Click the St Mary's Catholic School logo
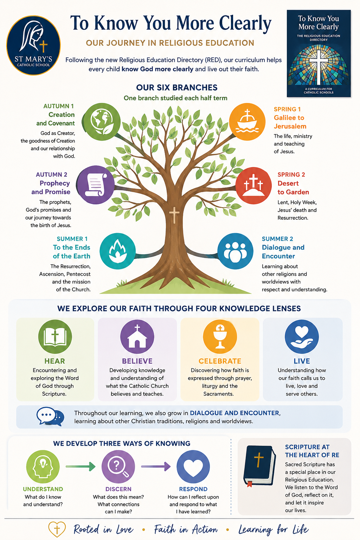pyautogui.click(x=33, y=45)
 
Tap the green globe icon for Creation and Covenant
pyautogui.click(x=102, y=122)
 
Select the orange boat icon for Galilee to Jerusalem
pyautogui.click(x=247, y=122)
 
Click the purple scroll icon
pyautogui.click(x=96, y=185)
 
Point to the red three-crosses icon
pyautogui.click(x=253, y=186)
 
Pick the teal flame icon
pyautogui.click(x=118, y=251)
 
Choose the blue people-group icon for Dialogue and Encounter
pyautogui.click(x=235, y=251)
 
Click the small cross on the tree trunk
pyautogui.click(x=174, y=215)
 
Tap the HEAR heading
pyautogui.click(x=55, y=361)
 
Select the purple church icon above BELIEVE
pyautogui.click(x=137, y=336)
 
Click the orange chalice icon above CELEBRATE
pyautogui.click(x=220, y=336)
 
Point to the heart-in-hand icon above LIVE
pyautogui.click(x=302, y=336)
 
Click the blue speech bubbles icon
pyautogui.click(x=50, y=416)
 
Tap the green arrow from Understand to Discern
pyautogui.click(x=81, y=466)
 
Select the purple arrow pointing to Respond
pyautogui.click(x=156, y=466)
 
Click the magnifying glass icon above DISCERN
pyautogui.click(x=118, y=467)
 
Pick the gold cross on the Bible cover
pyautogui.click(x=258, y=459)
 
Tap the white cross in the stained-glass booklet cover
pyautogui.click(x=319, y=67)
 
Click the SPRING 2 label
pyautogui.click(x=291, y=174)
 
